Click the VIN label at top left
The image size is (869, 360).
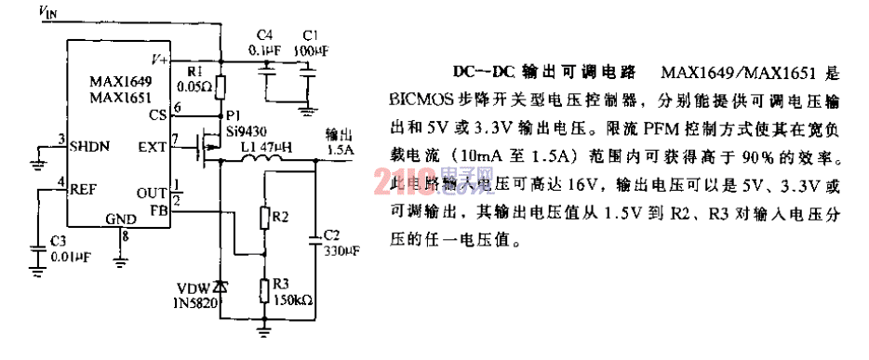point(47,11)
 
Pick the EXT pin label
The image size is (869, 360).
point(153,145)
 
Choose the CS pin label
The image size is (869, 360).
point(157,114)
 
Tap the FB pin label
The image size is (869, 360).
point(158,209)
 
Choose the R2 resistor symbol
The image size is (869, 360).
point(265,219)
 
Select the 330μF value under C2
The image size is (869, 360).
point(341,252)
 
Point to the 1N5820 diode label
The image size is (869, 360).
point(201,302)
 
